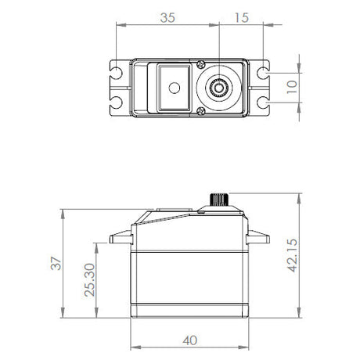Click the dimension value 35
[x=167, y=18]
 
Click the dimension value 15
[x=242, y=18]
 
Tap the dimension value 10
[x=292, y=87]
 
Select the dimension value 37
[x=56, y=264]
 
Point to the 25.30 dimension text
[x=89, y=280]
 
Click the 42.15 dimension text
[x=292, y=255]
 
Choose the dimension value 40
[x=190, y=340]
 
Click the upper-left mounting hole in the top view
[x=116, y=73]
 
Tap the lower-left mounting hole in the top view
[x=116, y=103]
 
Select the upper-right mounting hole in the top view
[x=263, y=73]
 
